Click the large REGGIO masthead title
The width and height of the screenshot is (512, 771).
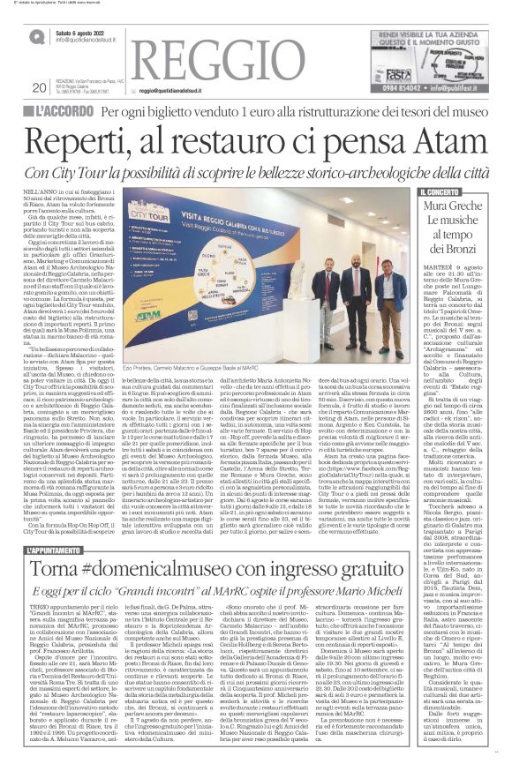tap(213, 50)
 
